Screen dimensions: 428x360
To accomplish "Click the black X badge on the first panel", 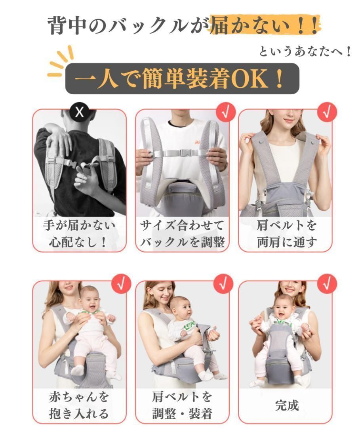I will pyautogui.click(x=80, y=112).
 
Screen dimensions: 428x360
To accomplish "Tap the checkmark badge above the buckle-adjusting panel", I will pyautogui.click(x=226, y=112).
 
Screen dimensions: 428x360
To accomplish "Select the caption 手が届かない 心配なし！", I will pyautogui.click(x=79, y=234).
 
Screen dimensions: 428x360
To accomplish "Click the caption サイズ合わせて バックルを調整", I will pyautogui.click(x=182, y=234).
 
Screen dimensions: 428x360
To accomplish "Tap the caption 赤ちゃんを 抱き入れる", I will pyautogui.click(x=79, y=405).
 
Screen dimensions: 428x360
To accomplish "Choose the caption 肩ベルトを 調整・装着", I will pyautogui.click(x=182, y=405).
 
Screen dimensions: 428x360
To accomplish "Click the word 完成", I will pyautogui.click(x=286, y=405).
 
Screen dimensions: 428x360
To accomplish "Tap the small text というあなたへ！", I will pyautogui.click(x=305, y=52).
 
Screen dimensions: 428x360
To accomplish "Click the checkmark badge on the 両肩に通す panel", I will pyautogui.click(x=327, y=112).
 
